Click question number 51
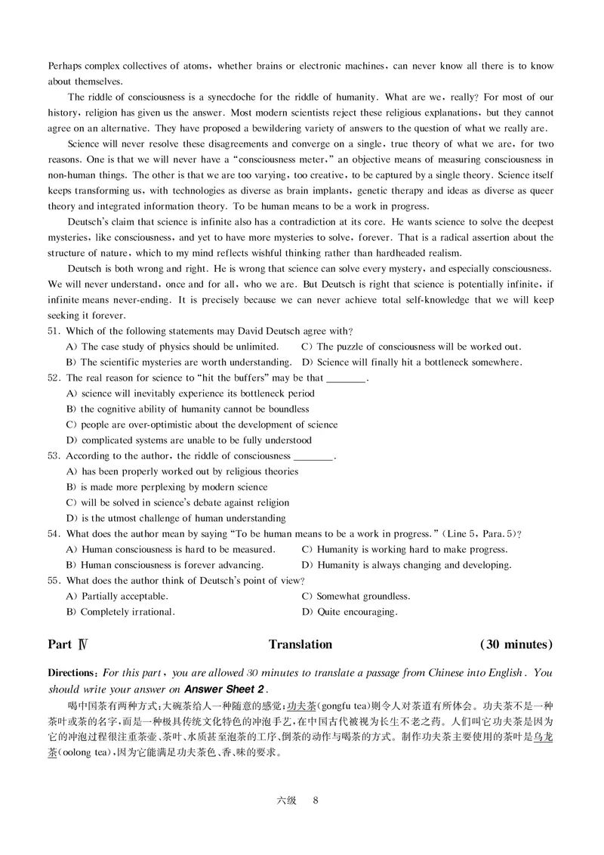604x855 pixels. click(54, 331)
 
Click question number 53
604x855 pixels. click(54, 455)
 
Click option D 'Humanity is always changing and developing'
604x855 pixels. click(407, 565)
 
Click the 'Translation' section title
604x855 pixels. click(300, 644)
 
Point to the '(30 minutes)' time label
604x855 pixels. click(516, 644)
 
